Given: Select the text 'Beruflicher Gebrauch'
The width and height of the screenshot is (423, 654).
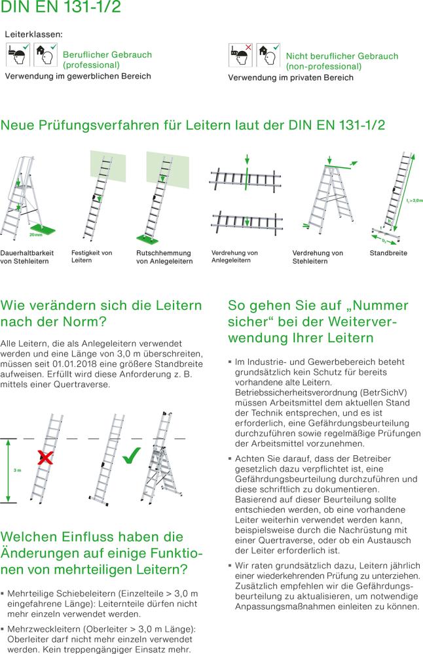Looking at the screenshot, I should pyautogui.click(x=107, y=54).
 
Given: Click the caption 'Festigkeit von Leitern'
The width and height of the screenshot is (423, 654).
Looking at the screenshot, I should pyautogui.click(x=91, y=256).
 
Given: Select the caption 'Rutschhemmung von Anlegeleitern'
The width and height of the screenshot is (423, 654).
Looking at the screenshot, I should pyautogui.click(x=164, y=257).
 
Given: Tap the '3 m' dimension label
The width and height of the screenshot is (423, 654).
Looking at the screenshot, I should pyautogui.click(x=17, y=471).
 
